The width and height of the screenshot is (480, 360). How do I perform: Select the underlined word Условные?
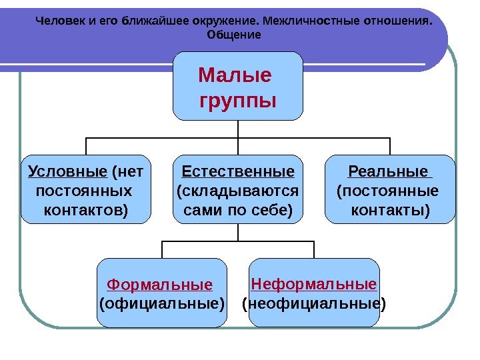[68, 173]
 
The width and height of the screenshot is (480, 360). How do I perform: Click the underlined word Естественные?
[238, 173]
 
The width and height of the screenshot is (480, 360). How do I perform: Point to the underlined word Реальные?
[388, 173]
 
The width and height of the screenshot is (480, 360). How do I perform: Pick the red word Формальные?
[160, 285]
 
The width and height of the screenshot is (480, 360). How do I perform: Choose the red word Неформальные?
[314, 285]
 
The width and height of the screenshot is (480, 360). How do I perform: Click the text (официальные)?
[162, 305]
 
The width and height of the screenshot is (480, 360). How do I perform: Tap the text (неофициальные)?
[314, 305]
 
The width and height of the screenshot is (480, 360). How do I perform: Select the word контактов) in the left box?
[86, 211]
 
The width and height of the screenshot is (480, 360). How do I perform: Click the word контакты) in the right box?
[390, 211]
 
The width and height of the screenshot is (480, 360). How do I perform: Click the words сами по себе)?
[238, 211]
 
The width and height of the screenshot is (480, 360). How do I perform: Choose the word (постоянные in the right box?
[389, 192]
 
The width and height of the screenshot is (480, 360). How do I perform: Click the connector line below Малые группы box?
[238, 129]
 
